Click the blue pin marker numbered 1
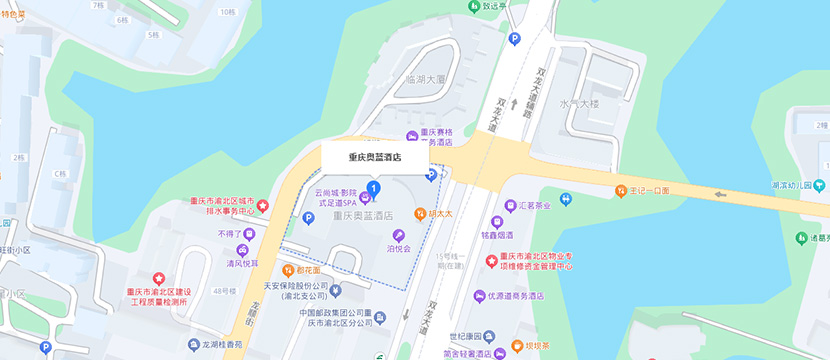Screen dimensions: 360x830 (x=374, y=187)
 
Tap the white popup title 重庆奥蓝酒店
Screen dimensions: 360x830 (x=375, y=157)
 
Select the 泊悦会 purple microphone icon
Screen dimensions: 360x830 (x=399, y=235)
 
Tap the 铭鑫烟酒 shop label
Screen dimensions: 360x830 (x=497, y=235)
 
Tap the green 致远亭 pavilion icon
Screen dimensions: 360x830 (x=473, y=6)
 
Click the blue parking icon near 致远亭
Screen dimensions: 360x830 (x=515, y=39)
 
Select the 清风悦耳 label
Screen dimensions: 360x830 (x=241, y=263)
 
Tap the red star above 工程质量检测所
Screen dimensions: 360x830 (x=158, y=278)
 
